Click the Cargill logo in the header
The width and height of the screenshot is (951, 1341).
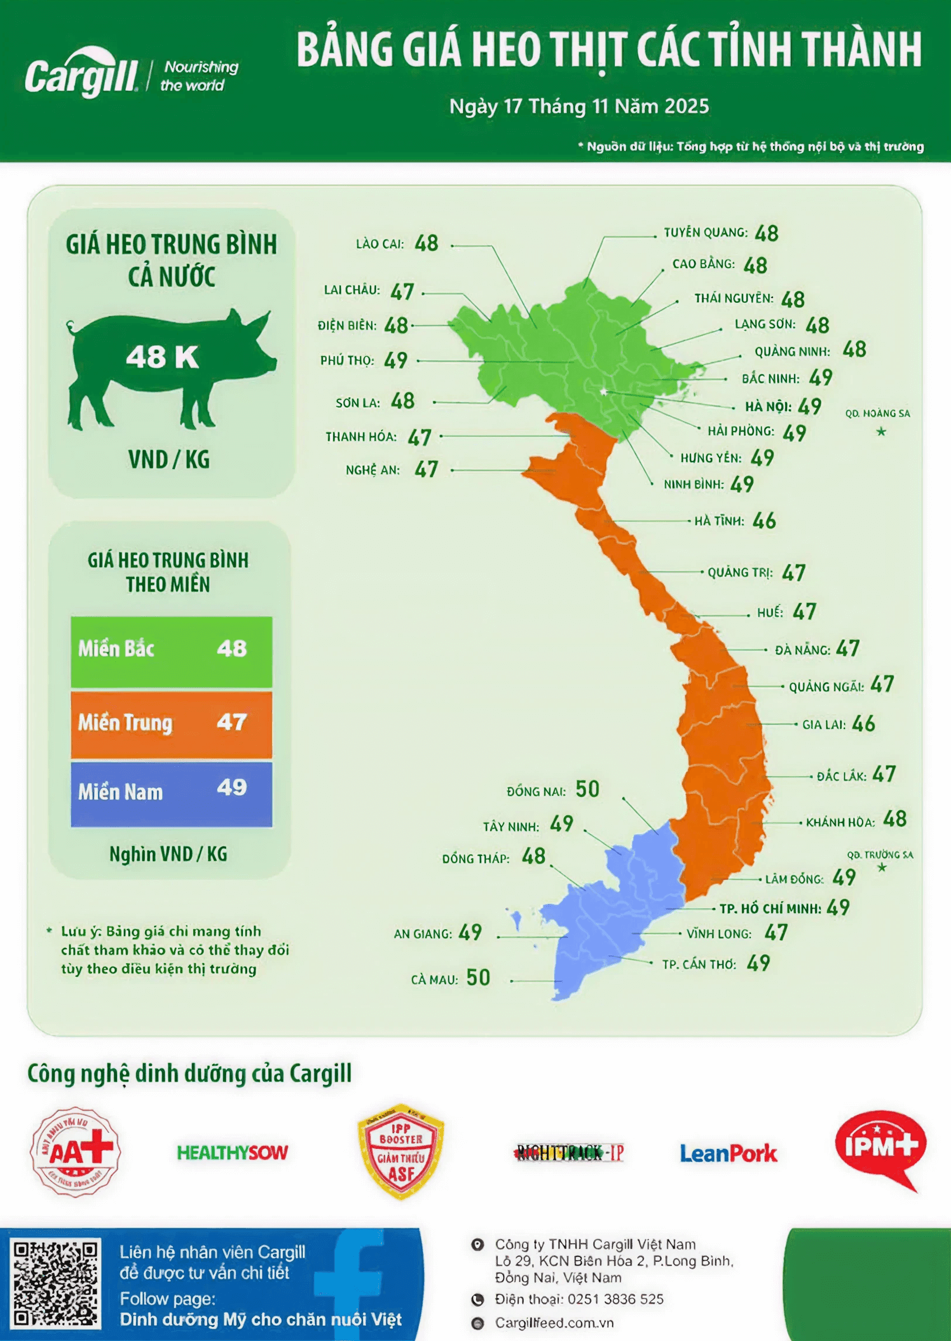pyautogui.click(x=82, y=75)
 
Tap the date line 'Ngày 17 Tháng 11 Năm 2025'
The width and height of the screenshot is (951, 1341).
pyautogui.click(x=579, y=107)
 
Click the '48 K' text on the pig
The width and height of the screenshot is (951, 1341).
pyautogui.click(x=162, y=357)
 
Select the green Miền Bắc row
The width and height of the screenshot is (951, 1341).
pyautogui.click(x=172, y=651)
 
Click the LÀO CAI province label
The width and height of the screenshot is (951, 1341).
pyautogui.click(x=379, y=244)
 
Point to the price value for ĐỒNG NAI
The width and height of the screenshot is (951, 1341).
pyautogui.click(x=587, y=790)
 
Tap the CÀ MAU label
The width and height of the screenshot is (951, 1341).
pyautogui.click(x=434, y=980)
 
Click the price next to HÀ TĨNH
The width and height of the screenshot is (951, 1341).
pyautogui.click(x=764, y=521)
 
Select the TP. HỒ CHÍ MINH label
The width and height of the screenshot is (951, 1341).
pyautogui.click(x=770, y=909)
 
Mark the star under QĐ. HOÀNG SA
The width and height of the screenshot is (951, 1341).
pyautogui.click(x=881, y=432)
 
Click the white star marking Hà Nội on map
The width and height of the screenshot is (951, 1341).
pyautogui.click(x=603, y=391)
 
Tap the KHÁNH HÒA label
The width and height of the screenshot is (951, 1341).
pyautogui.click(x=840, y=823)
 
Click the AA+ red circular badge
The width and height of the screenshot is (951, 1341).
pyautogui.click(x=76, y=1152)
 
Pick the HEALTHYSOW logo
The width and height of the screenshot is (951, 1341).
pyautogui.click(x=232, y=1153)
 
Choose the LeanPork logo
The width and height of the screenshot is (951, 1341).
pyautogui.click(x=728, y=1154)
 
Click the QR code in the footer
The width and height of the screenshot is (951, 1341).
pyautogui.click(x=56, y=1284)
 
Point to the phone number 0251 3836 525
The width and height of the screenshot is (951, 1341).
pyautogui.click(x=615, y=1299)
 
